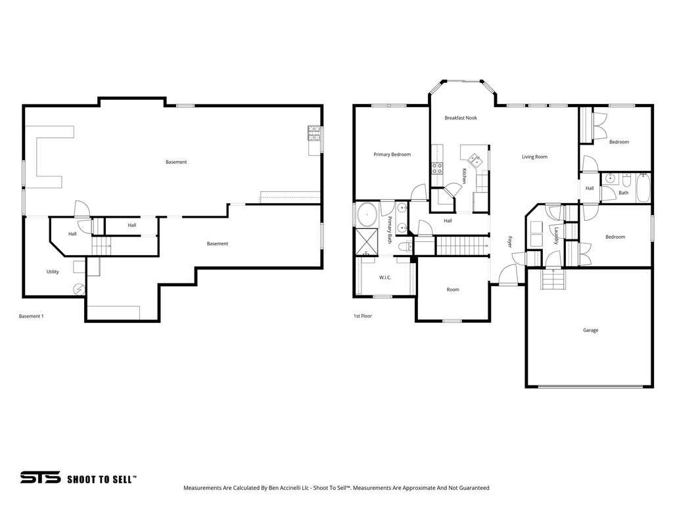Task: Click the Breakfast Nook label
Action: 460,118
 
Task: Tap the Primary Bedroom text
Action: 392,155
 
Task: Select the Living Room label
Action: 534,156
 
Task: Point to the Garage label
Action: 590,330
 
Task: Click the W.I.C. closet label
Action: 385,277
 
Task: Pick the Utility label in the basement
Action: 53,272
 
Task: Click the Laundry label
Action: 556,236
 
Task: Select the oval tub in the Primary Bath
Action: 367,214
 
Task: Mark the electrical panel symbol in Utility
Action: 80,289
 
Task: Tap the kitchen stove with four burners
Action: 437,168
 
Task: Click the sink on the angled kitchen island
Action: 475,158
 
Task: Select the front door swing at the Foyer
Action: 507,276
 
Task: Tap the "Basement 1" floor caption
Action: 31,316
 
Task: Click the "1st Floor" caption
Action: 363,316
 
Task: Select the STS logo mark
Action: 40,477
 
